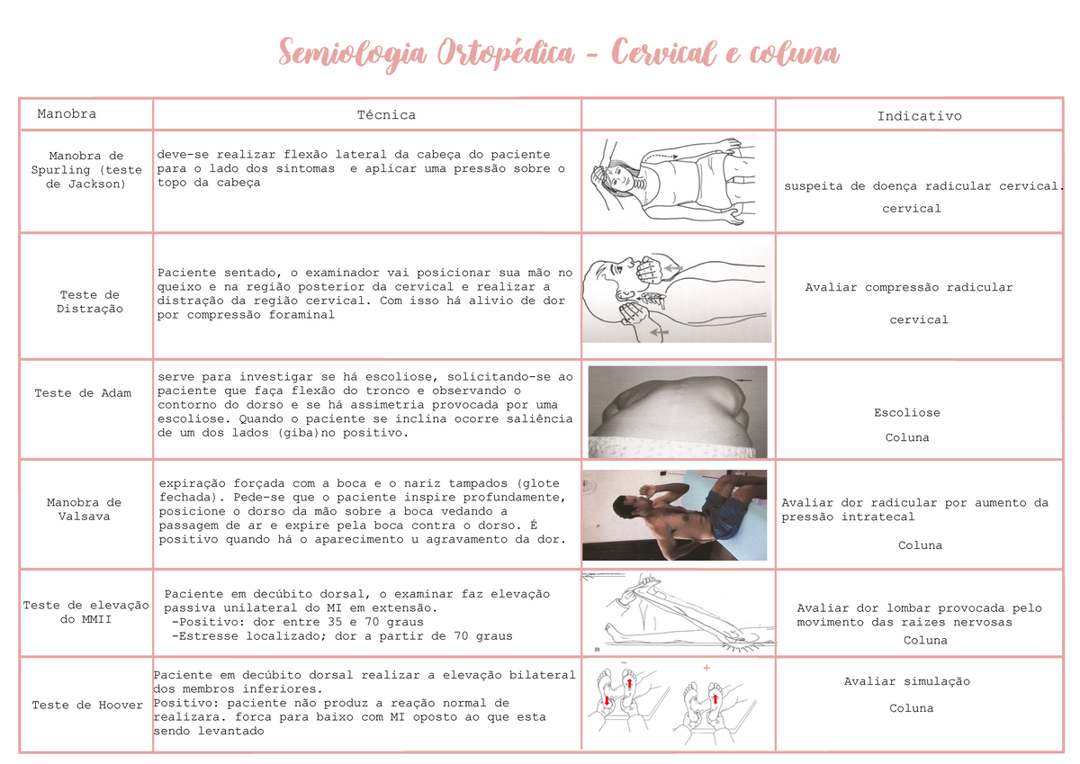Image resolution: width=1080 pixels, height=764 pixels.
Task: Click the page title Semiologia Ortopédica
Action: pyautogui.click(x=558, y=53)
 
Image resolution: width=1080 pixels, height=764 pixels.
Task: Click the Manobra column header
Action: pyautogui.click(x=67, y=113)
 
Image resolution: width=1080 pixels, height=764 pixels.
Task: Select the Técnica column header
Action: pyautogui.click(x=386, y=114)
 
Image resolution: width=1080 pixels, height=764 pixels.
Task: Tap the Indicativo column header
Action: pyautogui.click(x=919, y=115)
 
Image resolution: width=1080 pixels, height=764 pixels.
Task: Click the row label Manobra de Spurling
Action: pyautogui.click(x=86, y=169)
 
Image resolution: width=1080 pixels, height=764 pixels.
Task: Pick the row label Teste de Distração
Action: pyautogui.click(x=89, y=301)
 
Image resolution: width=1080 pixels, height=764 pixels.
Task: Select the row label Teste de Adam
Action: pyautogui.click(x=83, y=392)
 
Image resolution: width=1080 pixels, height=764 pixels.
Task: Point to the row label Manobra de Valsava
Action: pyautogui.click(x=84, y=509)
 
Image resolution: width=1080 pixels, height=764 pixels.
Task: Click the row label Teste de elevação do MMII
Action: pyautogui.click(x=86, y=612)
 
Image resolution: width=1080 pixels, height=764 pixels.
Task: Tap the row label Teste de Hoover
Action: pyautogui.click(x=87, y=705)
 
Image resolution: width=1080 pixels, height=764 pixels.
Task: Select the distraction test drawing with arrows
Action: pyautogui.click(x=676, y=294)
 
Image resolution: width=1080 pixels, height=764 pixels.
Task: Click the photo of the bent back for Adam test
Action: pyautogui.click(x=677, y=410)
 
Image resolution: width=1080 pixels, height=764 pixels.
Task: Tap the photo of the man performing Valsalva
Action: pyautogui.click(x=674, y=515)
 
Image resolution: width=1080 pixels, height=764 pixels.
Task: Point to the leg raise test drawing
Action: pyautogui.click(x=677, y=612)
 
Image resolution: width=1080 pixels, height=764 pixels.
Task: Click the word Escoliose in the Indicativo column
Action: pyautogui.click(x=906, y=412)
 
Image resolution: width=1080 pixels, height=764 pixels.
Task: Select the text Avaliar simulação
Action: pyautogui.click(x=906, y=681)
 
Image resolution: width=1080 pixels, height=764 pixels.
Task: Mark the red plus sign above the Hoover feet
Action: pyautogui.click(x=706, y=668)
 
